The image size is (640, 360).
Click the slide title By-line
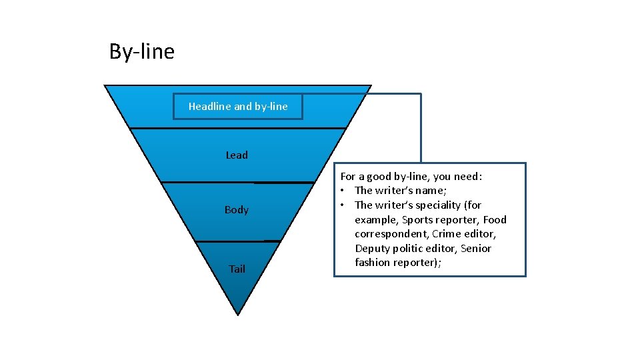tap(141, 51)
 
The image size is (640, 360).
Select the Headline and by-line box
tap(238, 107)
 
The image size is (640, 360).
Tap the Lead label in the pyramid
tap(237, 155)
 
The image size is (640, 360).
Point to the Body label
tap(237, 210)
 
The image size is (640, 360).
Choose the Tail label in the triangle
tap(237, 269)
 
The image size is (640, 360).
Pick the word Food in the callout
tap(495, 219)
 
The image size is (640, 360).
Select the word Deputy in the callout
tap(372, 249)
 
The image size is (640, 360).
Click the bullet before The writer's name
tap(344, 191)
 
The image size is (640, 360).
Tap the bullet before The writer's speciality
tap(344, 205)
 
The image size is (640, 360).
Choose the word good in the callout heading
tap(375, 177)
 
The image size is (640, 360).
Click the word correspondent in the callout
tap(391, 234)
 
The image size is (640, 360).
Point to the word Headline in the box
tap(209, 107)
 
